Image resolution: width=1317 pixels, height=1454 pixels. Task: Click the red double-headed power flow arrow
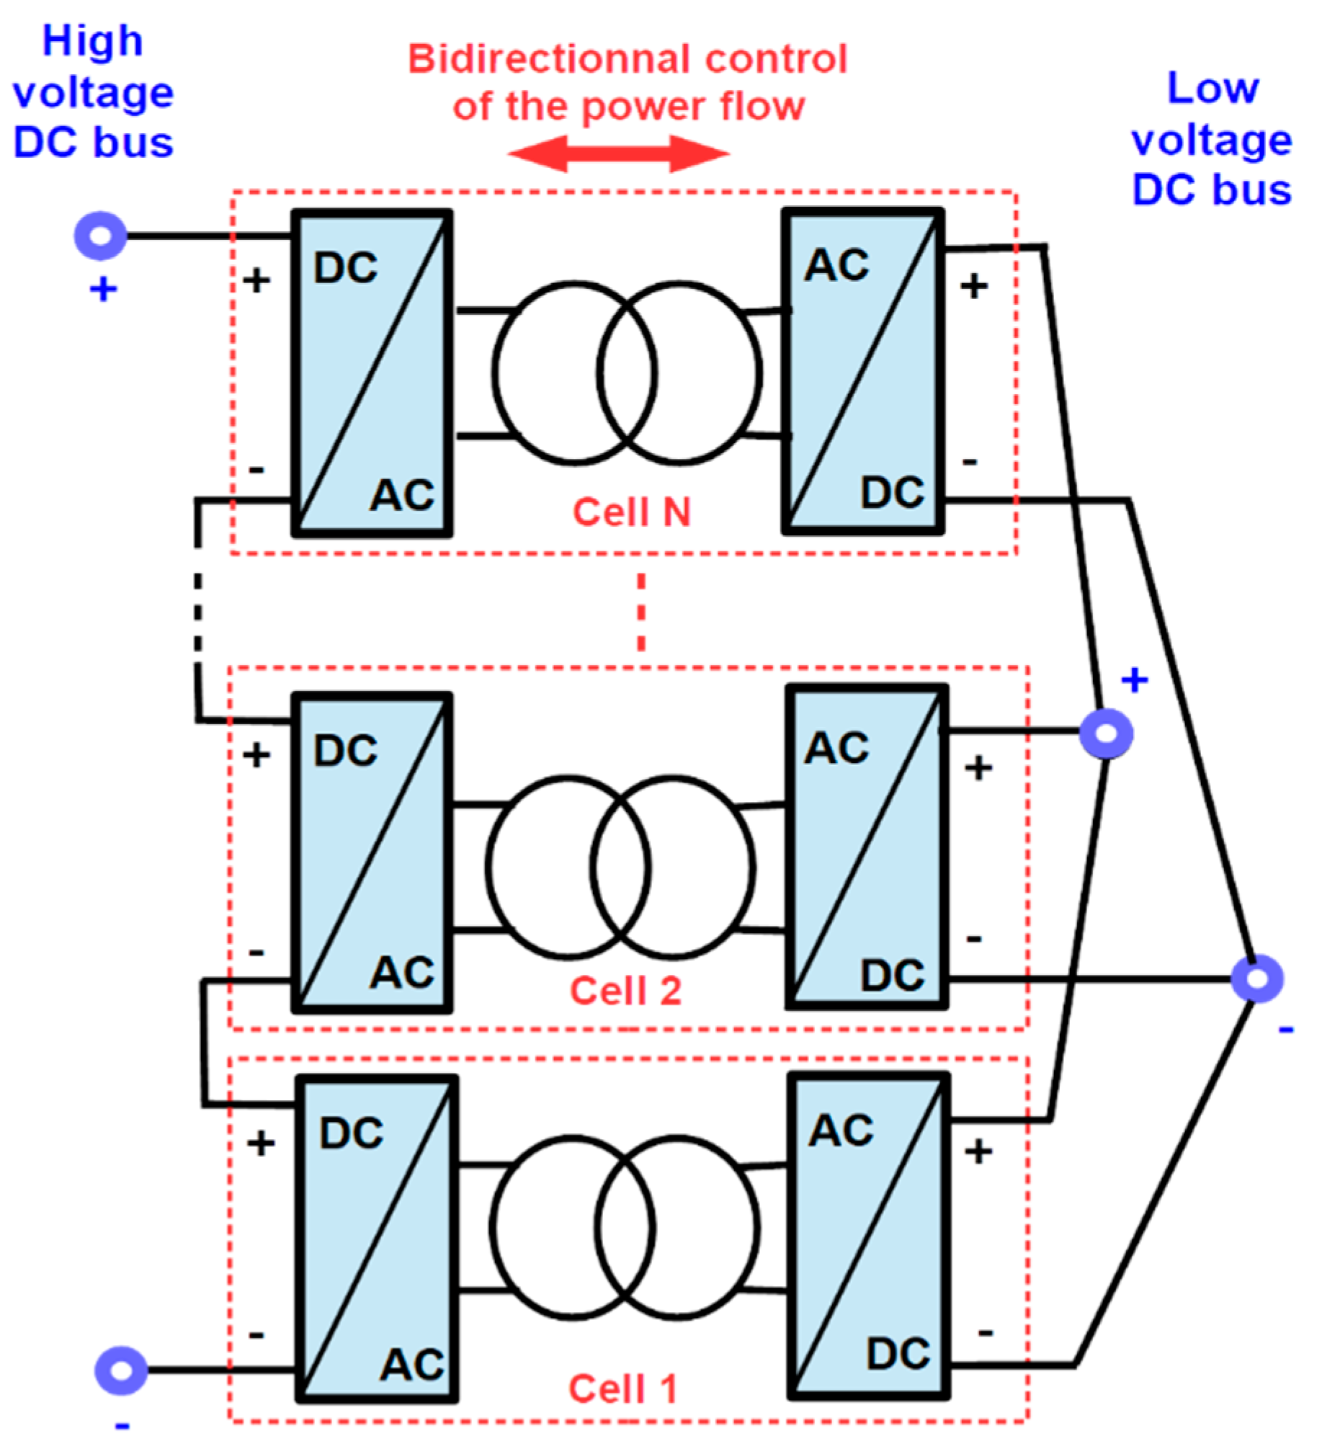click(618, 153)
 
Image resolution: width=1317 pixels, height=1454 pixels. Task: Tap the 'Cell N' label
click(631, 512)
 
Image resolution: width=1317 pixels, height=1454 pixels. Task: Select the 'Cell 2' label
click(625, 990)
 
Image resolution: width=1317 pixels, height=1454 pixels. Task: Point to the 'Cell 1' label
click(622, 1389)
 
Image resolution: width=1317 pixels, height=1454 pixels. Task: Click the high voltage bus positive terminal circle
click(101, 236)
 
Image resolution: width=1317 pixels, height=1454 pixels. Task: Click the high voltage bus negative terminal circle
click(121, 1370)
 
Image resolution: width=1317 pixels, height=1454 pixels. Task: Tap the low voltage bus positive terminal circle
click(1106, 733)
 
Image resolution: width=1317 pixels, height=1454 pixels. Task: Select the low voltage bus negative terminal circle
click(1257, 978)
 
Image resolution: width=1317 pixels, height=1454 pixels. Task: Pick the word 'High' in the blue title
click(92, 41)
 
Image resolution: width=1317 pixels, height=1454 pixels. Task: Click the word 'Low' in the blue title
click(1213, 89)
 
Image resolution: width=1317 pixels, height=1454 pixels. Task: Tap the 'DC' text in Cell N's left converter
click(346, 268)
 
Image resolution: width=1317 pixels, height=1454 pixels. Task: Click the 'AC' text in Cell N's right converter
click(836, 265)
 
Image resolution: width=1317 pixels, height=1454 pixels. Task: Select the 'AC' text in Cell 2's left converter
click(402, 972)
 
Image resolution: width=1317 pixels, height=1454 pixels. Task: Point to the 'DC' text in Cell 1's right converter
click(898, 1354)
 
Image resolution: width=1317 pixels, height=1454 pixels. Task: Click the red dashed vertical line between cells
click(640, 612)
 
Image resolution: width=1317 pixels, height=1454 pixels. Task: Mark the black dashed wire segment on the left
click(197, 613)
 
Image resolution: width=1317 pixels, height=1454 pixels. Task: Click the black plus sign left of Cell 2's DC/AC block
click(256, 755)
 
